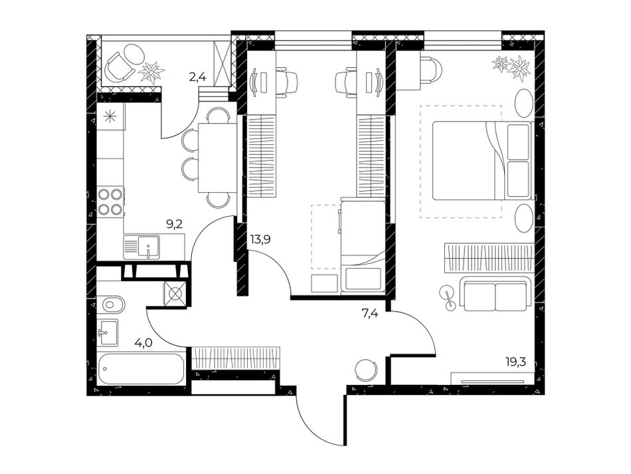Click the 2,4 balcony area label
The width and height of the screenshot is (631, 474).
[x=197, y=76]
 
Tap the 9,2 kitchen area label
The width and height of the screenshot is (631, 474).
[x=175, y=224]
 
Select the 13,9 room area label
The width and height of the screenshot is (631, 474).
[x=260, y=239]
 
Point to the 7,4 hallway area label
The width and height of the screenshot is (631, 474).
[x=370, y=312]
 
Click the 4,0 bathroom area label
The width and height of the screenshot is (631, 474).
[x=143, y=344]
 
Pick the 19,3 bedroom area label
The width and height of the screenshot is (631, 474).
[x=516, y=361]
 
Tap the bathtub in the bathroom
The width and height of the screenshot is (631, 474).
[x=141, y=368]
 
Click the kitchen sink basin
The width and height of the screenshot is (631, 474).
[x=149, y=246]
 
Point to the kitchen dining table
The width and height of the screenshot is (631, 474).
[x=217, y=158]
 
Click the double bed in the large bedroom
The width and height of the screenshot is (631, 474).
[x=482, y=161]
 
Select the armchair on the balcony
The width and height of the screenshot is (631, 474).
[x=119, y=66]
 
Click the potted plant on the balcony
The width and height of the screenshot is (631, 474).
[x=151, y=72]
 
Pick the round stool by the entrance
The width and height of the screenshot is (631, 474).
[x=366, y=368]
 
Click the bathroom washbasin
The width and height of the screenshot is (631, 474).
[x=108, y=332]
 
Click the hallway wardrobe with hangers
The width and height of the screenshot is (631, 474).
[x=235, y=357]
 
